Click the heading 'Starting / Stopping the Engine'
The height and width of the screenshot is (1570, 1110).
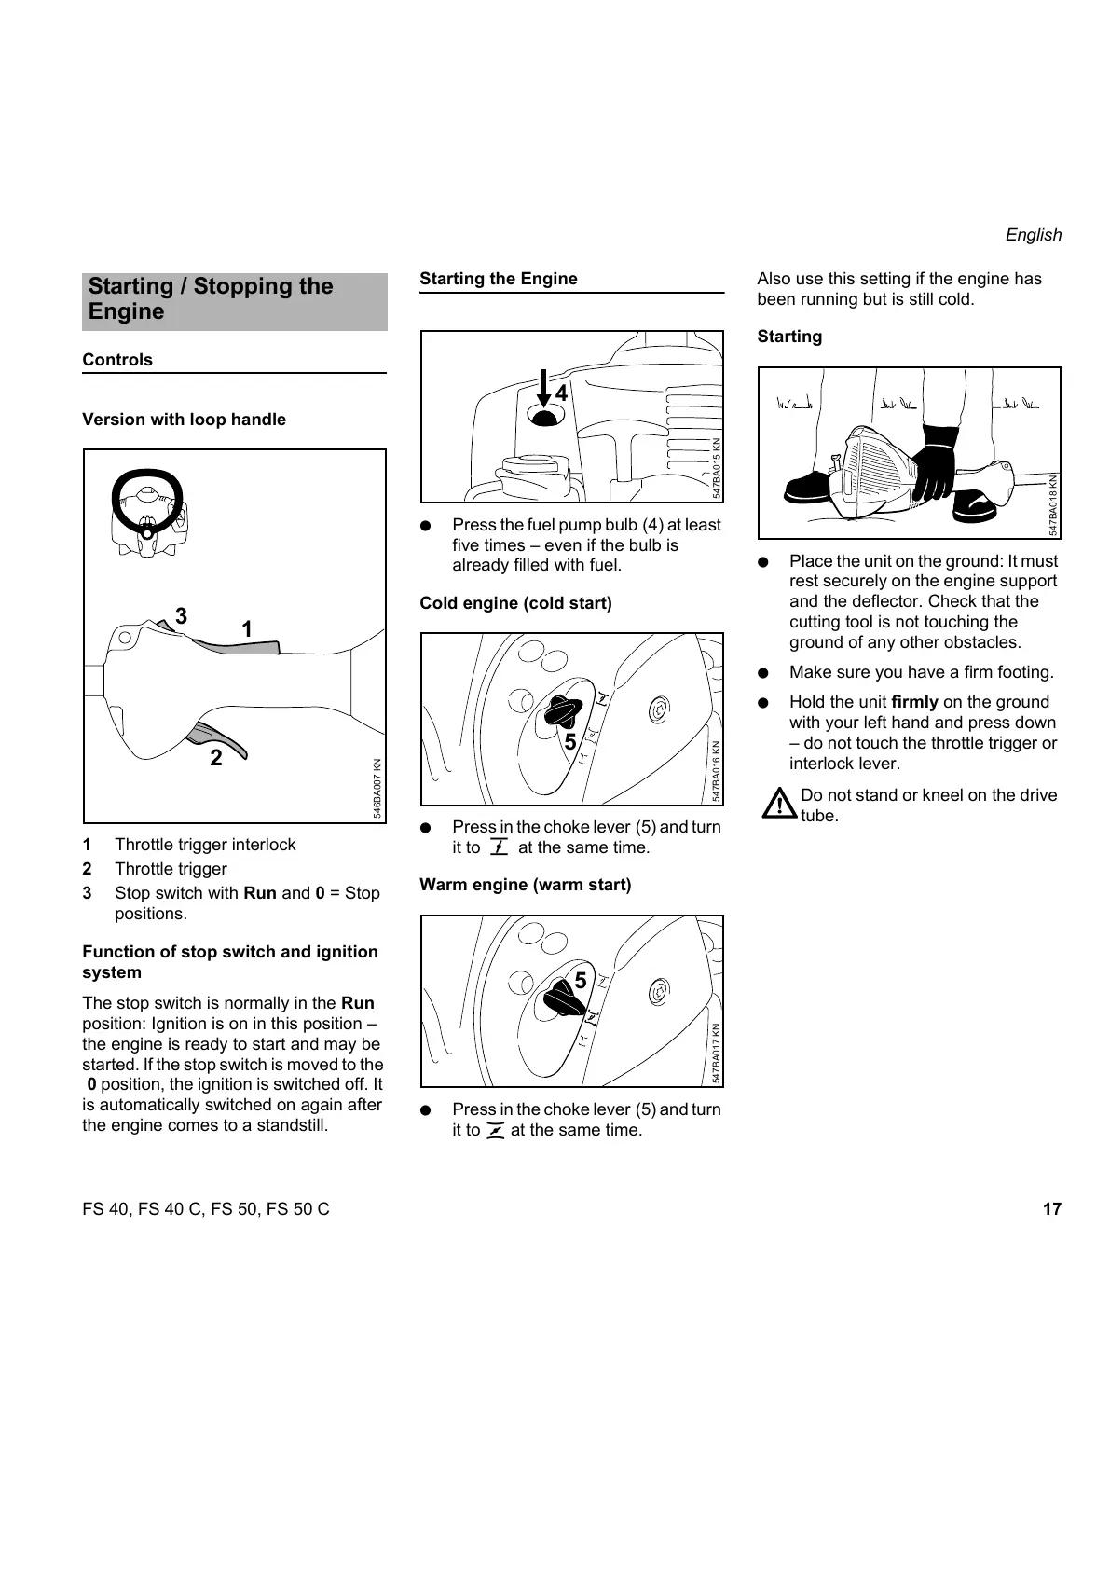coord(211,299)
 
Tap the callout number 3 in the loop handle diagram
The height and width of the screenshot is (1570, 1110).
coord(181,616)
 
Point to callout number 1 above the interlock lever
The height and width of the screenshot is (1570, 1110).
coord(247,630)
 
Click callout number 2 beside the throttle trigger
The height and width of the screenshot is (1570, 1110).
coord(216,758)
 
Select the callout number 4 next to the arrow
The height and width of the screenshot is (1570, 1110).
coord(561,393)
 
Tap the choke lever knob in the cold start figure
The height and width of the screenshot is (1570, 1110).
coord(563,711)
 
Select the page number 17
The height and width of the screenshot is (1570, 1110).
coord(1051,1209)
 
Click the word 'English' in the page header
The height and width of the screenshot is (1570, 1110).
coord(1033,235)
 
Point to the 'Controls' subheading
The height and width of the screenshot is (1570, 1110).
coord(117,360)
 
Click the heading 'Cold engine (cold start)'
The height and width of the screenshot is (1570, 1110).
coord(515,603)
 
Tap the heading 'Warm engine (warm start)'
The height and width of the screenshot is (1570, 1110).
coord(525,885)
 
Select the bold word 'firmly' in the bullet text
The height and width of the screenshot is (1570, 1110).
coord(914,702)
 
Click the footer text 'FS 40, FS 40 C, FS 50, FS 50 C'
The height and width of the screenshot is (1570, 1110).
coord(206,1209)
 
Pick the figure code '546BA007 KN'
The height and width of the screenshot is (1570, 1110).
coord(377,789)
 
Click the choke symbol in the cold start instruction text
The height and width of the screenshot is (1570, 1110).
coord(499,847)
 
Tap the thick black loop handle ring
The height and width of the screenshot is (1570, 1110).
coord(145,502)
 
